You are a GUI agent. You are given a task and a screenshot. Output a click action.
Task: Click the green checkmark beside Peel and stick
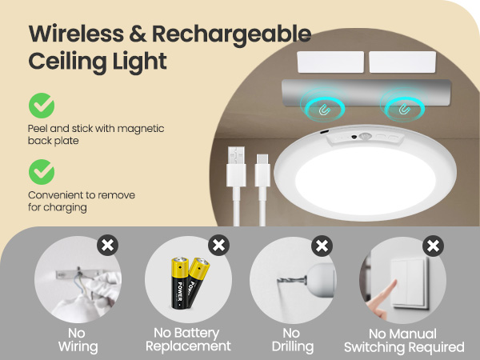coord(42,106)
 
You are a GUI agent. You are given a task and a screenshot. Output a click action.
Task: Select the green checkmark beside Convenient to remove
coord(42,171)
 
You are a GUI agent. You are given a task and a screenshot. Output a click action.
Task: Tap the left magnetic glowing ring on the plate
coord(325,105)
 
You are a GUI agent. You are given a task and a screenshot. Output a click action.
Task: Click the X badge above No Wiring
coord(107,245)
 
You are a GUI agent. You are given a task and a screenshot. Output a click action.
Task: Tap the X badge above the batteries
coord(218,245)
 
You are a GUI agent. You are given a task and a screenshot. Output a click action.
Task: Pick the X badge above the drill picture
coord(322,245)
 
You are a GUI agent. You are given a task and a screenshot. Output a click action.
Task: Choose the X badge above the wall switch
coord(433,245)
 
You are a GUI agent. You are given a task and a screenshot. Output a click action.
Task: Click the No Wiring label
coord(78,340)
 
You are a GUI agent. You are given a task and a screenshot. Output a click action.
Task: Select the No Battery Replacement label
coord(192,340)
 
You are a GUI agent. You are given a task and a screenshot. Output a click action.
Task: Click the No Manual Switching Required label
coord(404,340)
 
